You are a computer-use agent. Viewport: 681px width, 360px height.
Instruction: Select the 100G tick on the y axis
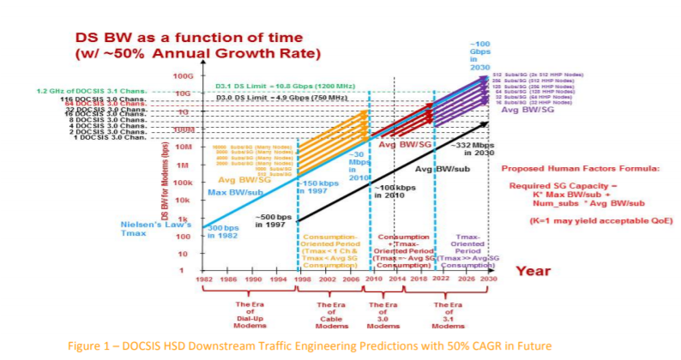coord(183,76)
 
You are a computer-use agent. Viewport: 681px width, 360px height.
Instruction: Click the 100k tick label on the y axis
coord(181,183)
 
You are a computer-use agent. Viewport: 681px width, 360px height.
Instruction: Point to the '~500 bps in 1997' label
coord(274,220)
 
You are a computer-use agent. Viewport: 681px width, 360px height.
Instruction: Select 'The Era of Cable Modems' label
coord(330,314)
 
